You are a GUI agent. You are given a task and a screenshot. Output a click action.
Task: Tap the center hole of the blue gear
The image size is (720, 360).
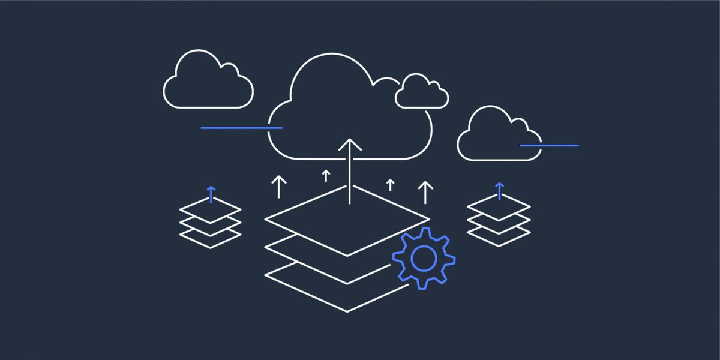tap(424, 258)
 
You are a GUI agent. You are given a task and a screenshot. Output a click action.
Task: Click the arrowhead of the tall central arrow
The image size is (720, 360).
tap(350, 145)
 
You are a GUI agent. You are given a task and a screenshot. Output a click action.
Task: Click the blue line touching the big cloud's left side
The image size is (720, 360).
tap(240, 128)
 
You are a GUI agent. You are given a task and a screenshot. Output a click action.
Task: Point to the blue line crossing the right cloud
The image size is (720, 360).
tap(549, 145)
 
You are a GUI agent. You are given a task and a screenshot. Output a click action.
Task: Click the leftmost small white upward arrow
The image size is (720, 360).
tap(278, 187)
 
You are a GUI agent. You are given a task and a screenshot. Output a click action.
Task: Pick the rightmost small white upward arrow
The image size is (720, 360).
tap(425, 191)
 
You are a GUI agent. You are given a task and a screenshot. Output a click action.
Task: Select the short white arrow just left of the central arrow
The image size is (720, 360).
tap(326, 175)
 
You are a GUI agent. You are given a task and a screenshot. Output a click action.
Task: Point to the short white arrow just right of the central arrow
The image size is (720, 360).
tap(390, 184)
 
